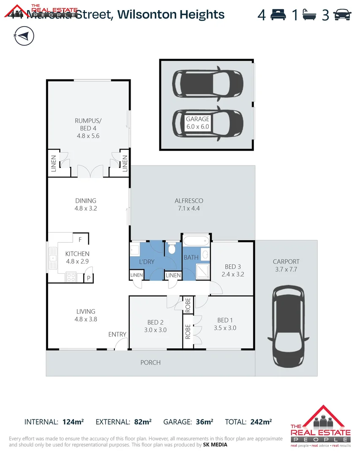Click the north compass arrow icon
(x=24, y=35)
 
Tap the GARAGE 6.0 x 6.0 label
(x=198, y=122)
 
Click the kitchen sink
(x=53, y=257)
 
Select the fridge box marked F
(x=80, y=239)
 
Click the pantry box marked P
(x=89, y=278)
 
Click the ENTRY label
(x=117, y=334)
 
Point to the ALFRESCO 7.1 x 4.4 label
(x=189, y=204)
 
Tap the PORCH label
(x=150, y=362)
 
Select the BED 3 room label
(x=233, y=270)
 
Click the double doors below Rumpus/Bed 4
(x=90, y=171)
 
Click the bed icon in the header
(x=278, y=15)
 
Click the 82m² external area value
(x=142, y=421)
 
